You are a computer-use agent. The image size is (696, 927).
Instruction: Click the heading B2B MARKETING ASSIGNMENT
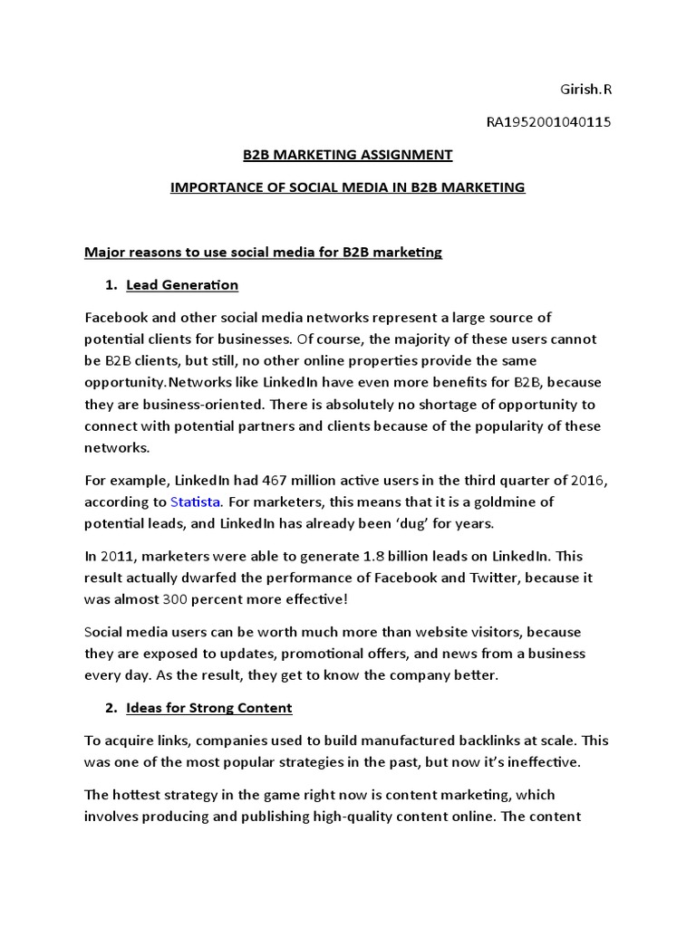(x=347, y=155)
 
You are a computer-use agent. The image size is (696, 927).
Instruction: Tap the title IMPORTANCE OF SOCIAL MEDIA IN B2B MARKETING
(x=348, y=187)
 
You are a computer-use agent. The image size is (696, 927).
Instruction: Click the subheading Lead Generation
(x=182, y=285)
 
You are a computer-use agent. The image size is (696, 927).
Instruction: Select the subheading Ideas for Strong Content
(x=208, y=707)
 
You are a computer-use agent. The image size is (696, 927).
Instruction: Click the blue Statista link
(x=195, y=502)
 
